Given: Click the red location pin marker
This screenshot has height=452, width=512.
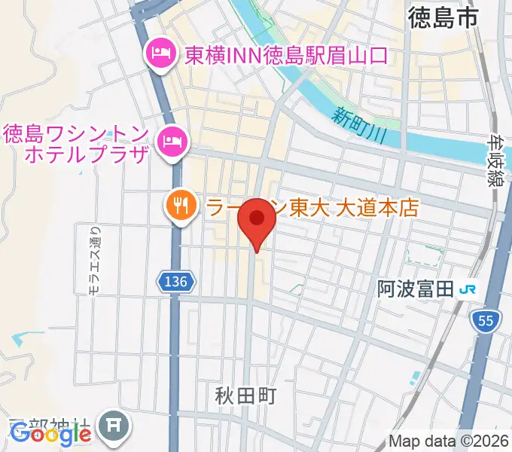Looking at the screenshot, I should coord(258,220).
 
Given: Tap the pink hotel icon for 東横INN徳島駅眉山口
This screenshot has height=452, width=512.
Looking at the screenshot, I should coord(159,54).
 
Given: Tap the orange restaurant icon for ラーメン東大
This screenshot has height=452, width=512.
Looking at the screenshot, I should coord(179,206).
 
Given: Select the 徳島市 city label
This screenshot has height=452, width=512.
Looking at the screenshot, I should coord(444,18).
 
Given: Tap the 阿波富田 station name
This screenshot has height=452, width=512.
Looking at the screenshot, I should coord(415,289).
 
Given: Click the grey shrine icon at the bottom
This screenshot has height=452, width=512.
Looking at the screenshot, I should coord(114,427).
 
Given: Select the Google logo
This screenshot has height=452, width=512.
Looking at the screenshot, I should coord(50,434).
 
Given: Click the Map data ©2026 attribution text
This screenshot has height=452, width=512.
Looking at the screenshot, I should coord(449,441).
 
